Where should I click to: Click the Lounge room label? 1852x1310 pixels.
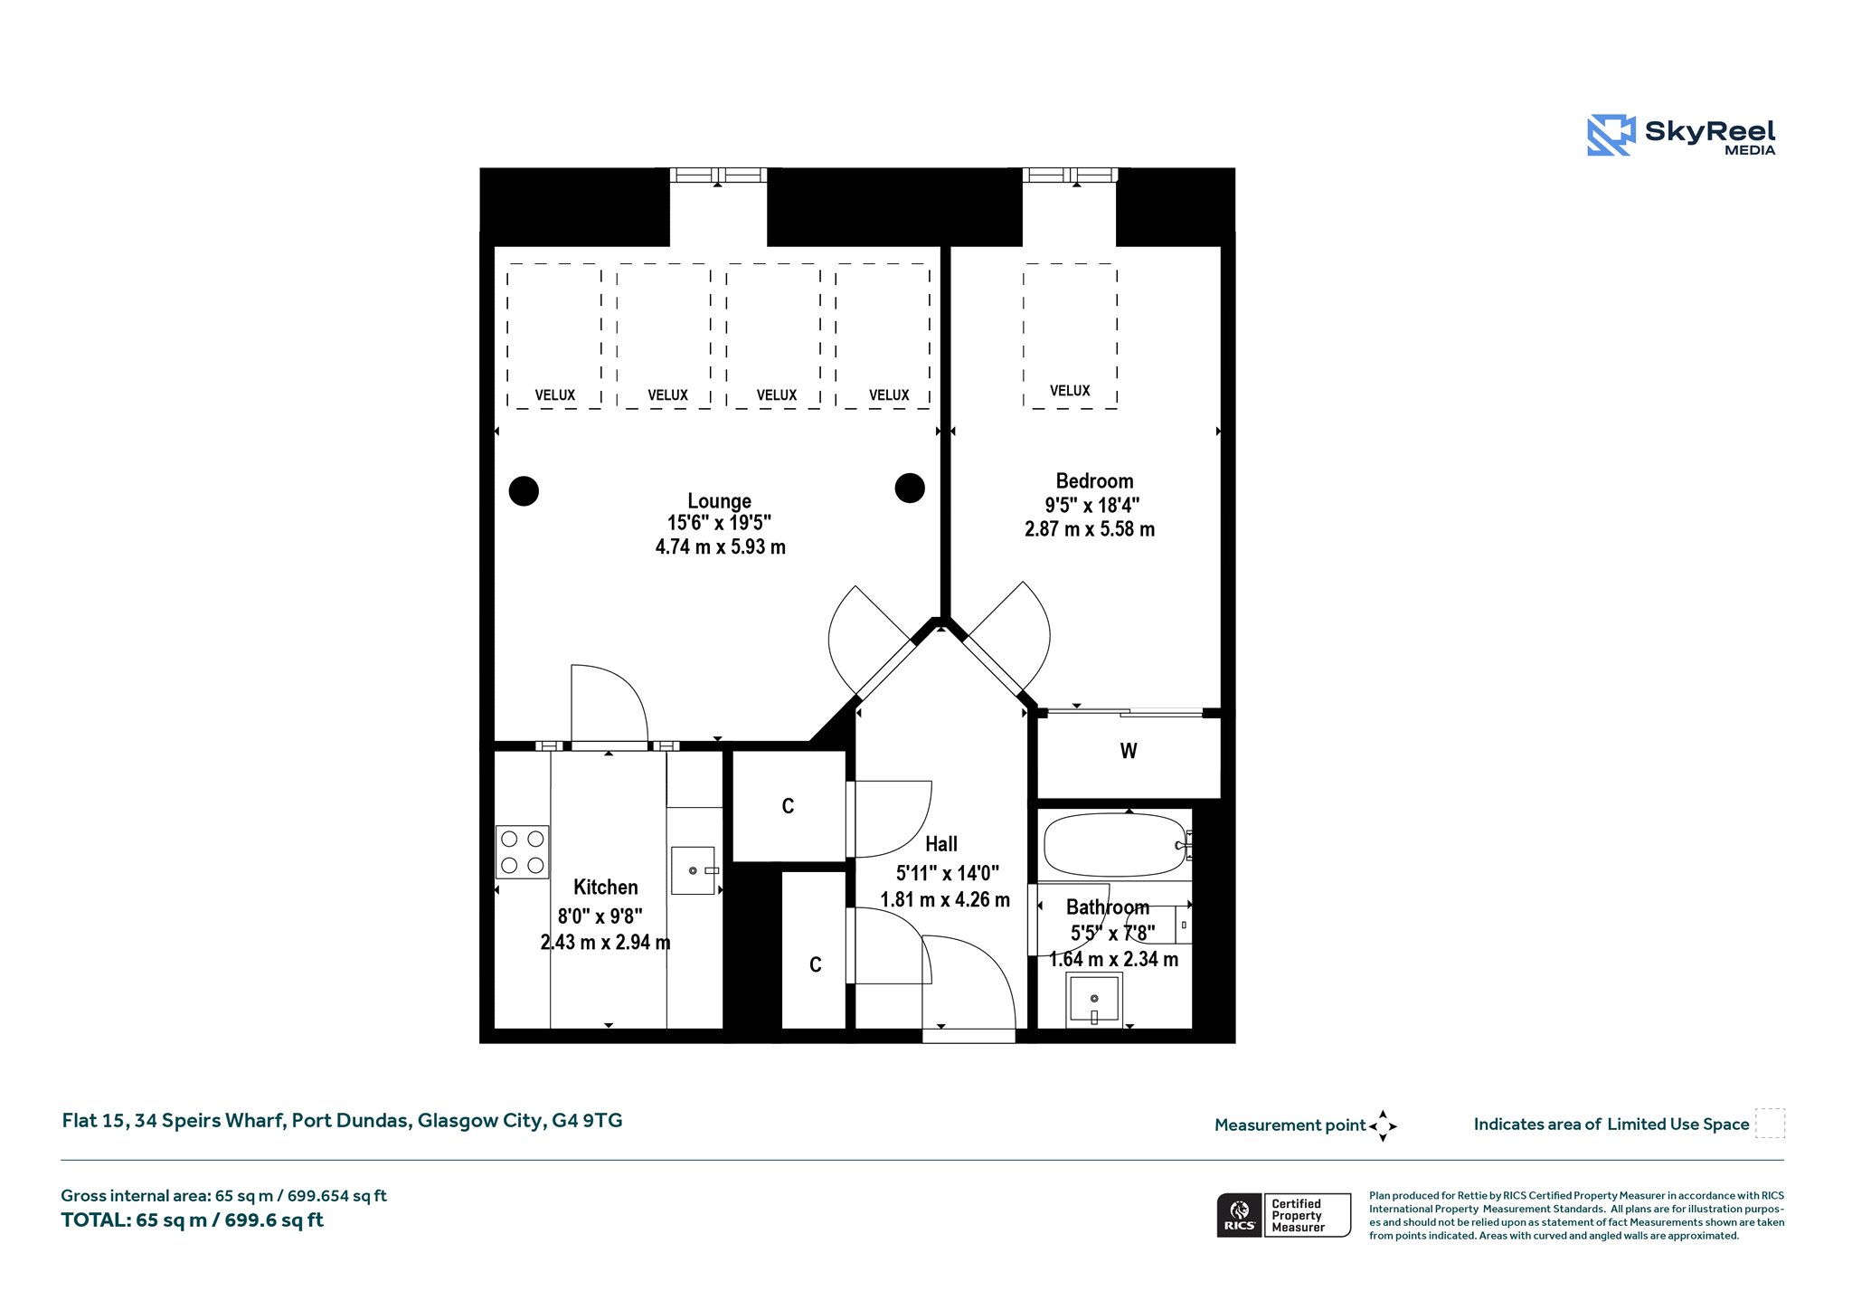(x=719, y=501)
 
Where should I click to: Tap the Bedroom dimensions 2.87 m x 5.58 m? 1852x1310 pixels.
(x=1090, y=529)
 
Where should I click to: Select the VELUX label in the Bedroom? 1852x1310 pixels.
(x=1070, y=391)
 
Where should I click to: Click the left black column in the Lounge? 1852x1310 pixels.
(x=524, y=491)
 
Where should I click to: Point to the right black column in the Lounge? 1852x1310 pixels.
(x=910, y=488)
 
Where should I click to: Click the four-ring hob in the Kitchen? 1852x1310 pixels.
(x=523, y=852)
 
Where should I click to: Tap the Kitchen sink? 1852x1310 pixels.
(x=694, y=870)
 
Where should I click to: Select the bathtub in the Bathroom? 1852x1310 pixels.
(x=1115, y=845)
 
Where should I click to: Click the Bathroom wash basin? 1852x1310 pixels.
(x=1094, y=1000)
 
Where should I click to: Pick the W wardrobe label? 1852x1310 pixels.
(x=1129, y=751)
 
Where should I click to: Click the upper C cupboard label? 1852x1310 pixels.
(x=788, y=806)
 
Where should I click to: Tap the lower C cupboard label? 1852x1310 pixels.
(x=816, y=964)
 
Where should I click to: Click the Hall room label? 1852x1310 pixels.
(x=941, y=844)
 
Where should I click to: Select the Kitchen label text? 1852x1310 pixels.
(x=606, y=888)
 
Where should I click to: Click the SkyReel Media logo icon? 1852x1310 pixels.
(x=1611, y=136)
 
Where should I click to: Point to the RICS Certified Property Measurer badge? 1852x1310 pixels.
(x=1284, y=1215)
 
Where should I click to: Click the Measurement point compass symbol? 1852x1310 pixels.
(x=1383, y=1126)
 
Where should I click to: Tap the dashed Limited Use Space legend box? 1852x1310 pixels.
(x=1770, y=1124)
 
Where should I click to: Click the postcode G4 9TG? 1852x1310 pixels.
(x=587, y=1121)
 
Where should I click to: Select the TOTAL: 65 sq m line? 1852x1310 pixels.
(x=192, y=1220)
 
